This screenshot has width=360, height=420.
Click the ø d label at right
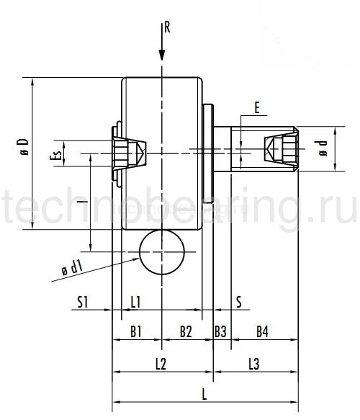(323, 149)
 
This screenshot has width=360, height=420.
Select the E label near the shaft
(257, 108)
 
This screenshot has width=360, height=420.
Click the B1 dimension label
(135, 331)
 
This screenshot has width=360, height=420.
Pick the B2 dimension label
(186, 331)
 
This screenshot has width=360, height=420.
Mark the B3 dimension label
(220, 331)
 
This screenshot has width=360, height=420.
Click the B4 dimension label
(262, 331)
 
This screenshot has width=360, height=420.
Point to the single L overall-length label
(204, 394)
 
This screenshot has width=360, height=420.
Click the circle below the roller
(162, 252)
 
